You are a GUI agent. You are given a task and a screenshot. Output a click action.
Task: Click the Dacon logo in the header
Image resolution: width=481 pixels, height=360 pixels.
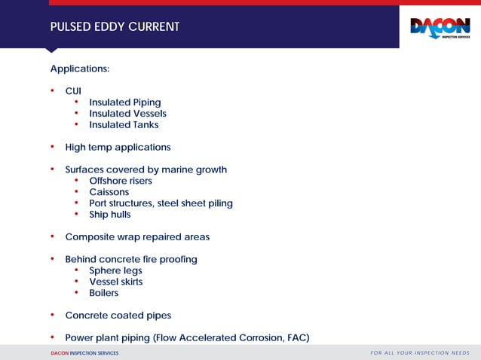click(440, 28)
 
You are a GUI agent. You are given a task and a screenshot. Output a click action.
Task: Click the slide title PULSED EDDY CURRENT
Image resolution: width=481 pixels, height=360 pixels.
click(115, 27)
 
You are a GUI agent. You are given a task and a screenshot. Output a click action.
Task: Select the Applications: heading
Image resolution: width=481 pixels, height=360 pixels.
click(80, 69)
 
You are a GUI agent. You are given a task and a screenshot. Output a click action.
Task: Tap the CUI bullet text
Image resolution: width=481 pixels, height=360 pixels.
click(73, 90)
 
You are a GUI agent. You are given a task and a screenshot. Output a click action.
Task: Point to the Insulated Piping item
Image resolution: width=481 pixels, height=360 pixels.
click(124, 102)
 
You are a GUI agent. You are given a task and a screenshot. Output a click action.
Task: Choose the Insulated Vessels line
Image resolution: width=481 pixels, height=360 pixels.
click(127, 114)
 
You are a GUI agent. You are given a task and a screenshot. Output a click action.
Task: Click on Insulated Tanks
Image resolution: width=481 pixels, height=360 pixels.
click(124, 125)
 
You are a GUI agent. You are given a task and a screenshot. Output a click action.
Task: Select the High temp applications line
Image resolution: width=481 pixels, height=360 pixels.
click(118, 147)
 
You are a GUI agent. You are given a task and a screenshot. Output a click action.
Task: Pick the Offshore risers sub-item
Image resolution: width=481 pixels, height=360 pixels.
click(121, 181)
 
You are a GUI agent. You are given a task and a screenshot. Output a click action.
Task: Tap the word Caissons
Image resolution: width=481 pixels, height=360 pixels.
click(109, 192)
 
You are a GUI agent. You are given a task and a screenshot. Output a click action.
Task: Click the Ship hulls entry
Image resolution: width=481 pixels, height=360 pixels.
click(110, 215)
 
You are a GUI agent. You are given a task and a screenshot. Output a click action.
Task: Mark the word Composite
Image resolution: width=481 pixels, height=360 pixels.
click(89, 236)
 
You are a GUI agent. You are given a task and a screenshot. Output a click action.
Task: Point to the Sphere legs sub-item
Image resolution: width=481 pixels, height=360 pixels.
click(115, 270)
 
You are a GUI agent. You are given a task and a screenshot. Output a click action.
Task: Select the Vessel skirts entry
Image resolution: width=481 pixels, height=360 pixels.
click(116, 282)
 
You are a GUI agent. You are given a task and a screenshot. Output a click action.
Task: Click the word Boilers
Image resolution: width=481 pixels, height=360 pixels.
click(104, 293)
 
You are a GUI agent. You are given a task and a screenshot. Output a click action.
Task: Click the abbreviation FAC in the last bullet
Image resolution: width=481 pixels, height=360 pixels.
click(296, 337)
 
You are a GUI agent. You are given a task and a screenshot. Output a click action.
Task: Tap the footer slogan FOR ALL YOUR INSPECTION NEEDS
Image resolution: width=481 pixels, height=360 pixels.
click(420, 352)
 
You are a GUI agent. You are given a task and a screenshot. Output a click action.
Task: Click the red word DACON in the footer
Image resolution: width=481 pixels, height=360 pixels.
click(60, 353)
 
